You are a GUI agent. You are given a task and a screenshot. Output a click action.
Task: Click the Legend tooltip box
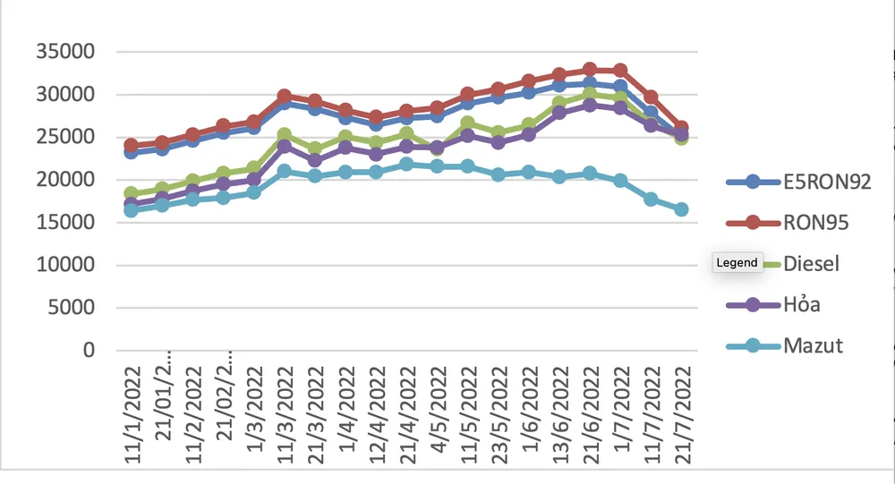pyautogui.click(x=737, y=263)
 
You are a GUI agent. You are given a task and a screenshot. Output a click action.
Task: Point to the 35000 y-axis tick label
pyautogui.click(x=64, y=52)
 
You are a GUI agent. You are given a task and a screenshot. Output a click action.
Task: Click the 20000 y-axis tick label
pyautogui.click(x=64, y=180)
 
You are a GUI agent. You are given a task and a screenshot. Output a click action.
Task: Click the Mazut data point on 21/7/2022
pyautogui.click(x=681, y=209)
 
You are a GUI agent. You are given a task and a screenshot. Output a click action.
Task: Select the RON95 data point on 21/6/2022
pyautogui.click(x=590, y=70)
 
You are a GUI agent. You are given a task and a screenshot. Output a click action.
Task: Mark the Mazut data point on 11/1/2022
pyautogui.click(x=132, y=210)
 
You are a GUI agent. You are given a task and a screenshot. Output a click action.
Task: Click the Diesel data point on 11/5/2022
pyautogui.click(x=467, y=123)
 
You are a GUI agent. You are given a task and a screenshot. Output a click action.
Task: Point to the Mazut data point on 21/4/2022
pyautogui.click(x=406, y=165)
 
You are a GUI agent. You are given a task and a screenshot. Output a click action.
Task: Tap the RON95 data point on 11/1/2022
pyautogui.click(x=132, y=145)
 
